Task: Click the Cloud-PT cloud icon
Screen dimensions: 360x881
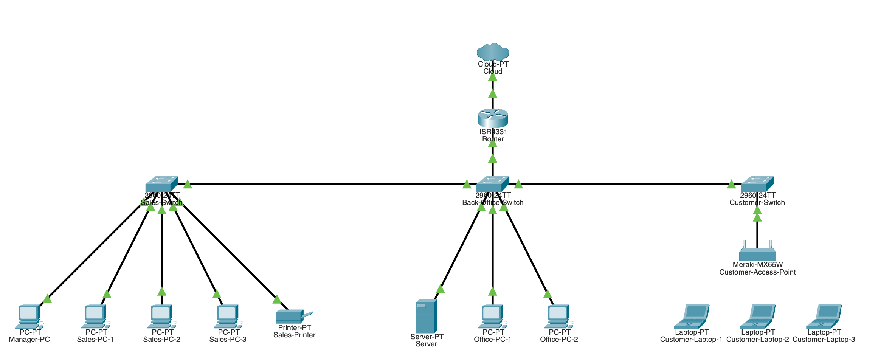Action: [493, 52]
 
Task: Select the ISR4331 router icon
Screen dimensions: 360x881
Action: [493, 118]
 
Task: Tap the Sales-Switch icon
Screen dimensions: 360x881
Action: [161, 184]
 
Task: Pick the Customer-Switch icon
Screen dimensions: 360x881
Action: [757, 184]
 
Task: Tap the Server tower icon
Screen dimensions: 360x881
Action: [426, 316]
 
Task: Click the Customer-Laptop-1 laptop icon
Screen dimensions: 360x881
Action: [691, 316]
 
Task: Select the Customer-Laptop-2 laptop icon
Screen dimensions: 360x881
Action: [757, 316]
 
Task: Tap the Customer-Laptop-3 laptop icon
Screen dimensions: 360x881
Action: [824, 316]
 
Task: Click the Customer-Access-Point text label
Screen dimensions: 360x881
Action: [757, 272]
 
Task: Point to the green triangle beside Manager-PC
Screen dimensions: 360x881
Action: [47, 299]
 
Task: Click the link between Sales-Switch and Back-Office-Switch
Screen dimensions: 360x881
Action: [325, 184]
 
